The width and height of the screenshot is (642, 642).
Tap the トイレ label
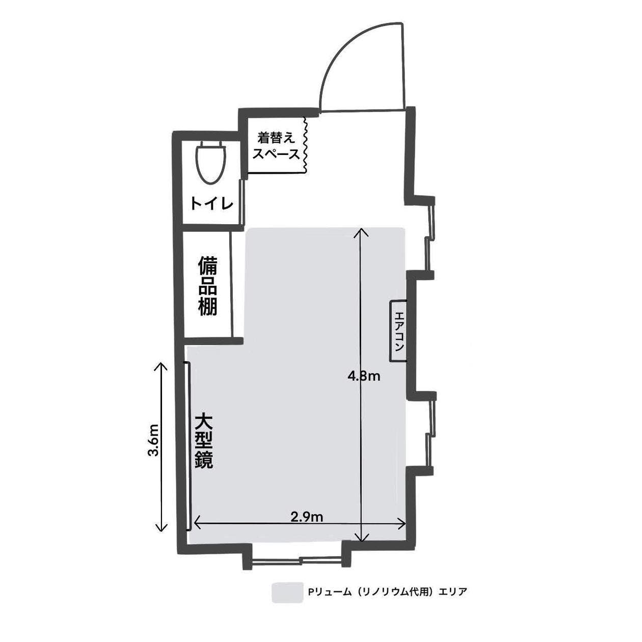click(212, 204)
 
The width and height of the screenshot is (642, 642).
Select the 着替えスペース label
click(276, 146)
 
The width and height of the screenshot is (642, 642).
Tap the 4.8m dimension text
click(364, 377)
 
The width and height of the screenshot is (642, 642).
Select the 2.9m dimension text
click(307, 517)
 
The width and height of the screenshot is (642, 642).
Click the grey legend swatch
click(287, 593)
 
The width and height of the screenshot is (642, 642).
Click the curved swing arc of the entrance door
click(346, 46)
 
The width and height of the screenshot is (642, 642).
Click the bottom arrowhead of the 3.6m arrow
click(162, 529)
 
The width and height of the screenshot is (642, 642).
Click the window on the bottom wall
click(297, 560)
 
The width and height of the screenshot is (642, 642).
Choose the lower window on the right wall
click(431, 433)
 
